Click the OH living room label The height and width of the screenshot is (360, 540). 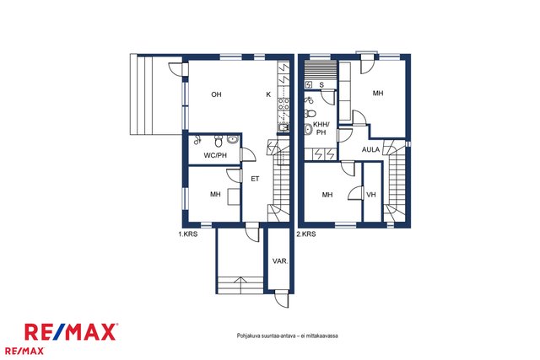(216, 94)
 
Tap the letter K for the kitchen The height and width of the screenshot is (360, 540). (268, 94)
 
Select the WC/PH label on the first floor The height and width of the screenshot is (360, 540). (215, 155)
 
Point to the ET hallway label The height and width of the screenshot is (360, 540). (255, 179)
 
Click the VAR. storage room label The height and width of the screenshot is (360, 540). (280, 261)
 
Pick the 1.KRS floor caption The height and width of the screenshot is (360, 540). (187, 234)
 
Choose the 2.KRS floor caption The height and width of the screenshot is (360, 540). (306, 234)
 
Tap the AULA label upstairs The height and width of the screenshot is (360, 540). (370, 150)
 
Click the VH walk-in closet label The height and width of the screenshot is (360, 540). (371, 195)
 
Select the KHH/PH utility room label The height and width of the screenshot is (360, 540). (321, 129)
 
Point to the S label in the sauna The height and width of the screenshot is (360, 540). (321, 85)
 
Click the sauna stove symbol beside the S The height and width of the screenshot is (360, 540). (309, 84)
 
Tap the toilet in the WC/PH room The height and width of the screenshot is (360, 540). (219, 140)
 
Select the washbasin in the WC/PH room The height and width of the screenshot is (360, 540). (233, 139)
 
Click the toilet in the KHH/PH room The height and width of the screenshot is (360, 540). (310, 113)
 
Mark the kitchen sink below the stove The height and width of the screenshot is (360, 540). (283, 127)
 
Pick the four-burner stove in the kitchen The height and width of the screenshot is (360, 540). (283, 104)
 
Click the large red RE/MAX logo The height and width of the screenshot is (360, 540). (70, 332)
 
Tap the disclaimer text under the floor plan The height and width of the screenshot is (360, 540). (287, 336)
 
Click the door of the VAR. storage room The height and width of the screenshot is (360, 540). (281, 298)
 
